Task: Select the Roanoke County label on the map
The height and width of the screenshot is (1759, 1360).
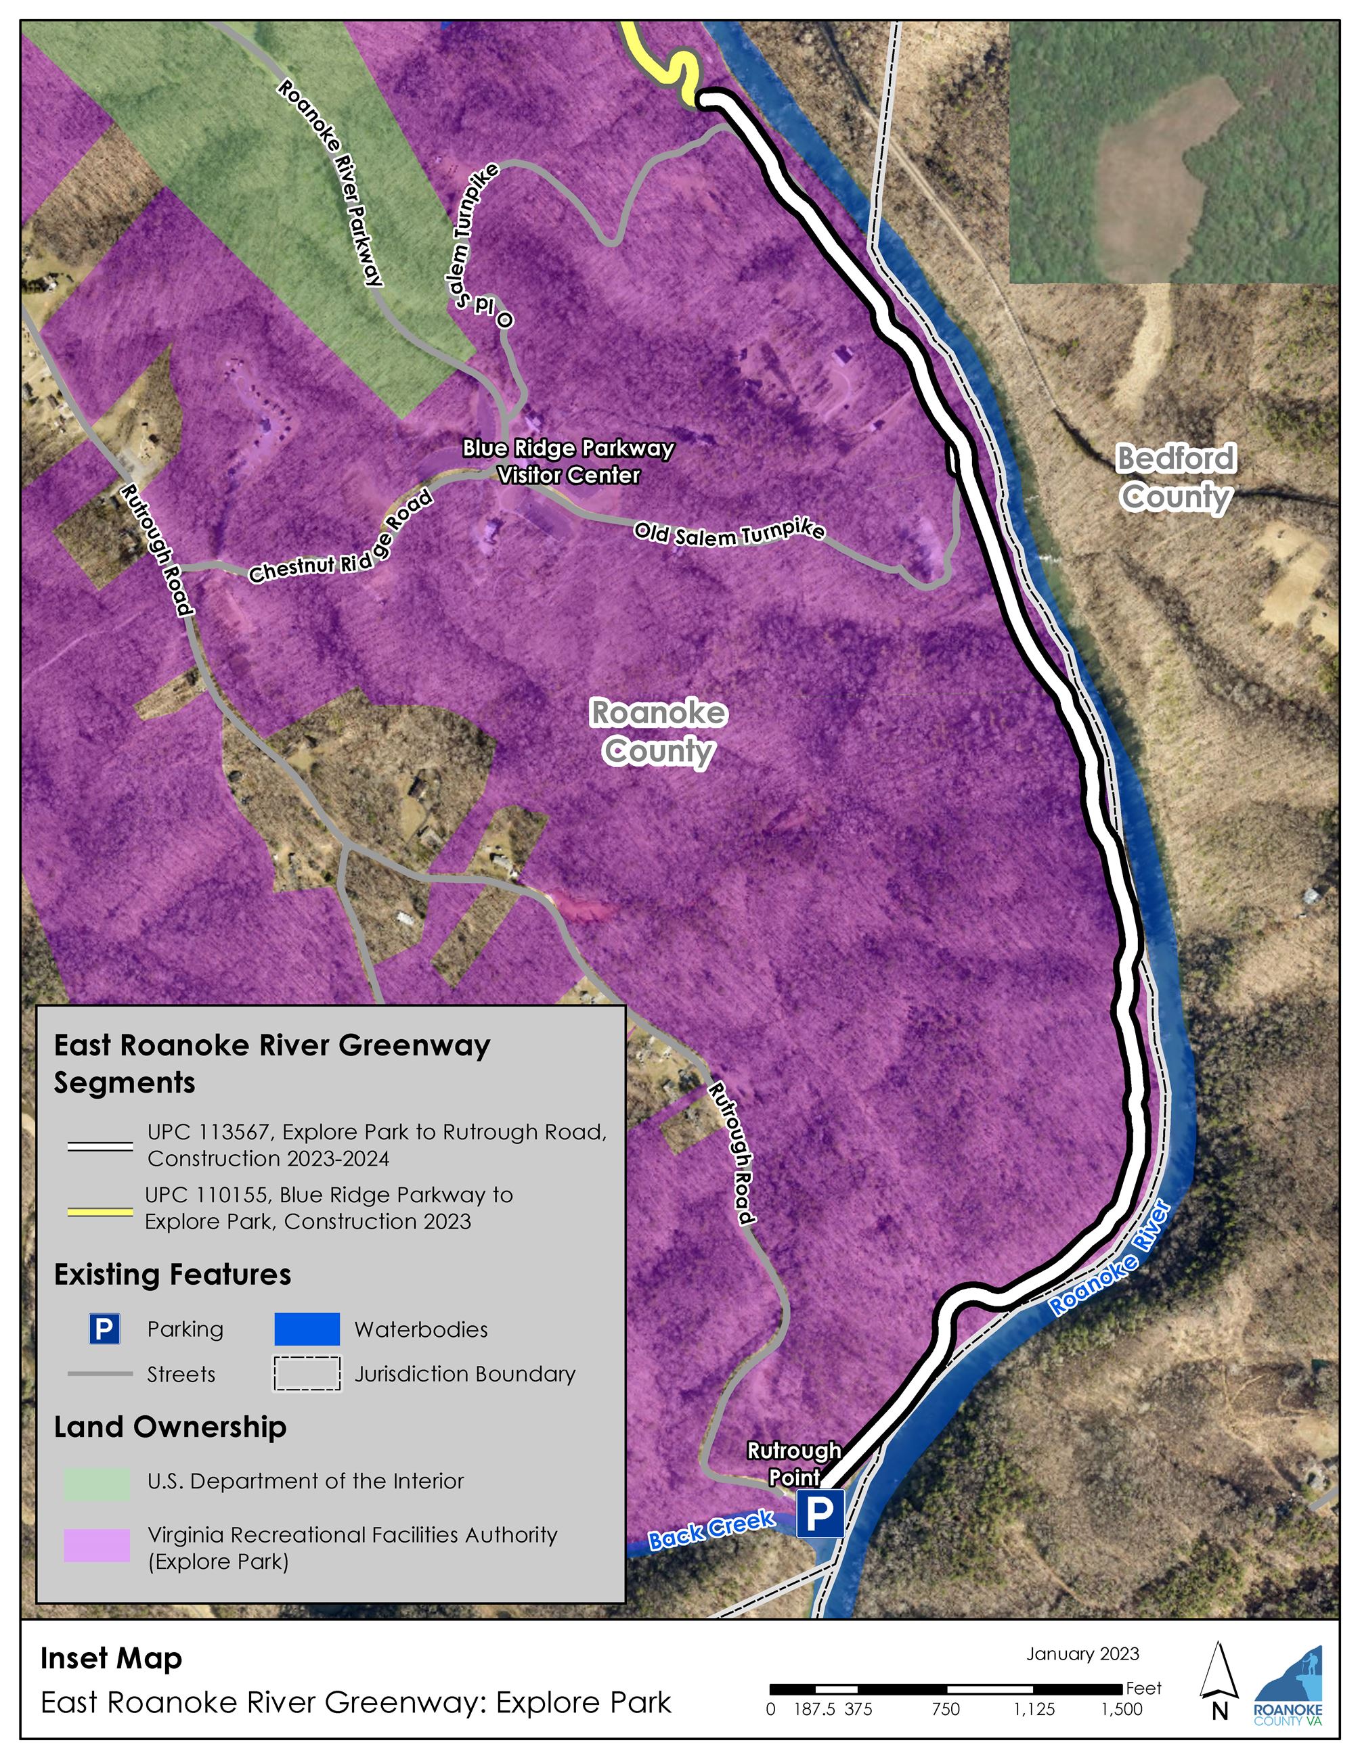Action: [x=658, y=731]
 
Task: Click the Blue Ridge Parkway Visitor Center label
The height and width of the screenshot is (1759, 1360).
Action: [x=568, y=461]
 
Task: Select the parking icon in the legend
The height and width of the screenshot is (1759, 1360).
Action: [x=104, y=1329]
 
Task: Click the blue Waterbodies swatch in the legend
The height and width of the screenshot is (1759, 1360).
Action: [x=306, y=1329]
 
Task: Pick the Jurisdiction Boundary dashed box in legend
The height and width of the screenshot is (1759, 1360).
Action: [x=306, y=1374]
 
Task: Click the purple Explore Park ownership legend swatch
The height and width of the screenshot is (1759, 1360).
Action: [x=97, y=1546]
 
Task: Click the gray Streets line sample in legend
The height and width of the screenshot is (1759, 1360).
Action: [x=100, y=1374]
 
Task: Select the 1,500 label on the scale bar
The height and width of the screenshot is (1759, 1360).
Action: [x=1122, y=1709]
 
